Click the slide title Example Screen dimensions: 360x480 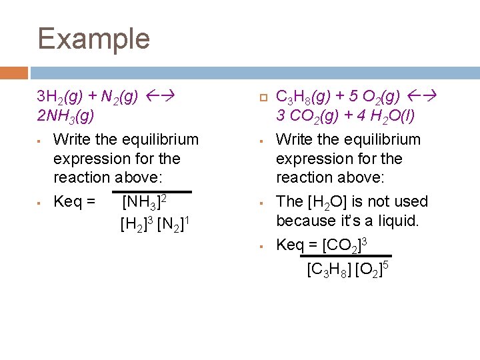click(94, 39)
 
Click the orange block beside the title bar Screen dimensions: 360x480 click(14, 72)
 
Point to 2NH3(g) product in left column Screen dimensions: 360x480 click(66, 116)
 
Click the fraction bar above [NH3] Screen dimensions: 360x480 click(153, 191)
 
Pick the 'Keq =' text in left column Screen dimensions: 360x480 click(74, 201)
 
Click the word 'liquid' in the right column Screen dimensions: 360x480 click(398, 221)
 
